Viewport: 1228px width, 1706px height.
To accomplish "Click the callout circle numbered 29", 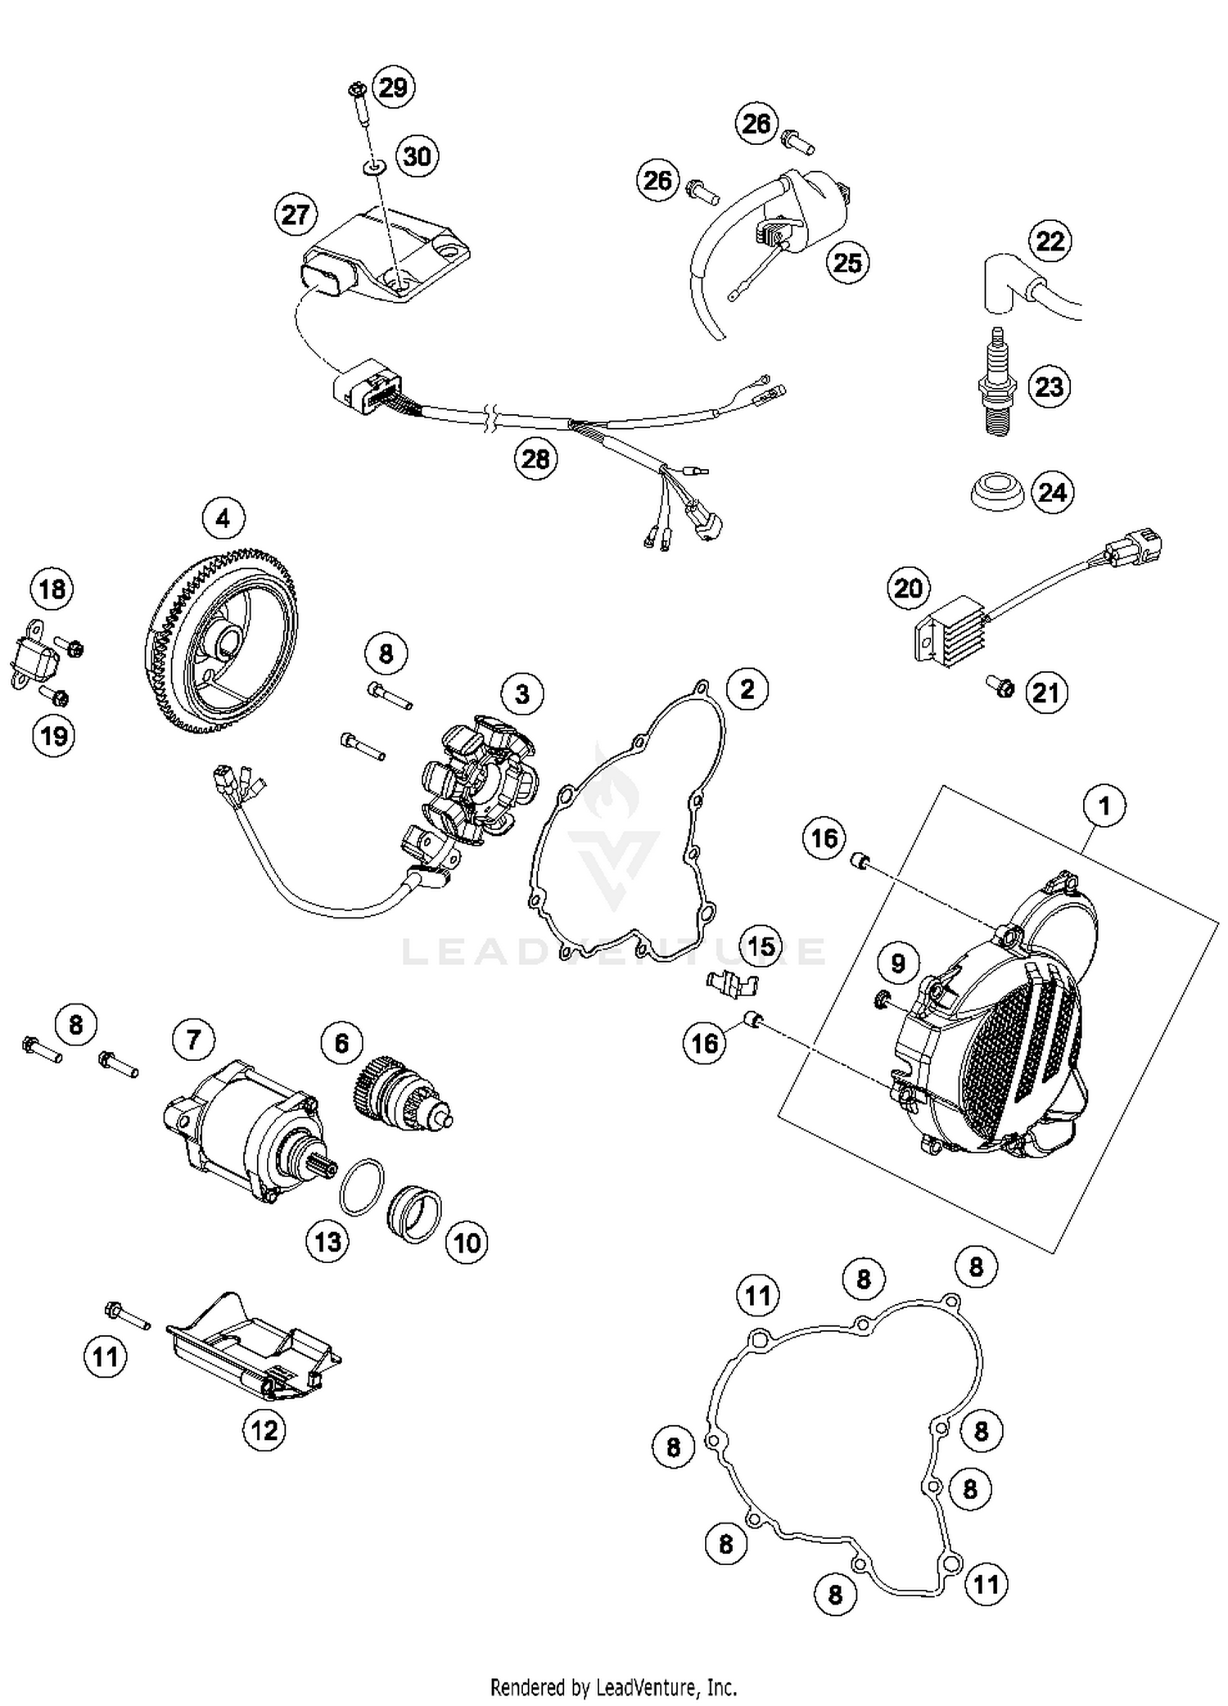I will point(393,87).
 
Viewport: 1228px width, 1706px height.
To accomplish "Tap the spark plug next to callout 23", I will point(996,382).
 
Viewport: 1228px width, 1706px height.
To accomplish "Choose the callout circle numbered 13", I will point(327,1241).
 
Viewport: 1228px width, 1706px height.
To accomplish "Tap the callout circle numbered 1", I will point(1104,806).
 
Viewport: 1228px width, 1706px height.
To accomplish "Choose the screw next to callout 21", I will point(1000,687).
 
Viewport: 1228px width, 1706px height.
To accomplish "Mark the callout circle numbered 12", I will point(264,1430).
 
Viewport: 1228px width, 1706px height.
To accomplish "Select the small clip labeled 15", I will point(730,982).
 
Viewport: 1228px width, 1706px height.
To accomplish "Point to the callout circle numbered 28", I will point(535,458).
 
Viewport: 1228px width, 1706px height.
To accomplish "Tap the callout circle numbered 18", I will point(52,589).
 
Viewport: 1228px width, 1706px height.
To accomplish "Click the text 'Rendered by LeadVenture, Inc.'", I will point(613,1687).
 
